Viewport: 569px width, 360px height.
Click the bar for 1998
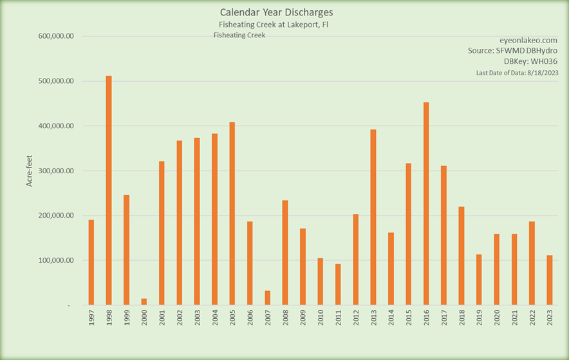tap(109, 190)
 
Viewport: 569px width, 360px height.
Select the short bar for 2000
tap(144, 301)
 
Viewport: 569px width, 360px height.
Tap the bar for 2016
tap(426, 204)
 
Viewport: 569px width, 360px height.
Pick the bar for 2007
tap(267, 298)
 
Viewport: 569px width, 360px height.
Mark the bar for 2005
tap(232, 213)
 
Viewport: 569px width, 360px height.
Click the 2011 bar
tap(338, 284)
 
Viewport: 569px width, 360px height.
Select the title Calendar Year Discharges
tap(277, 12)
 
